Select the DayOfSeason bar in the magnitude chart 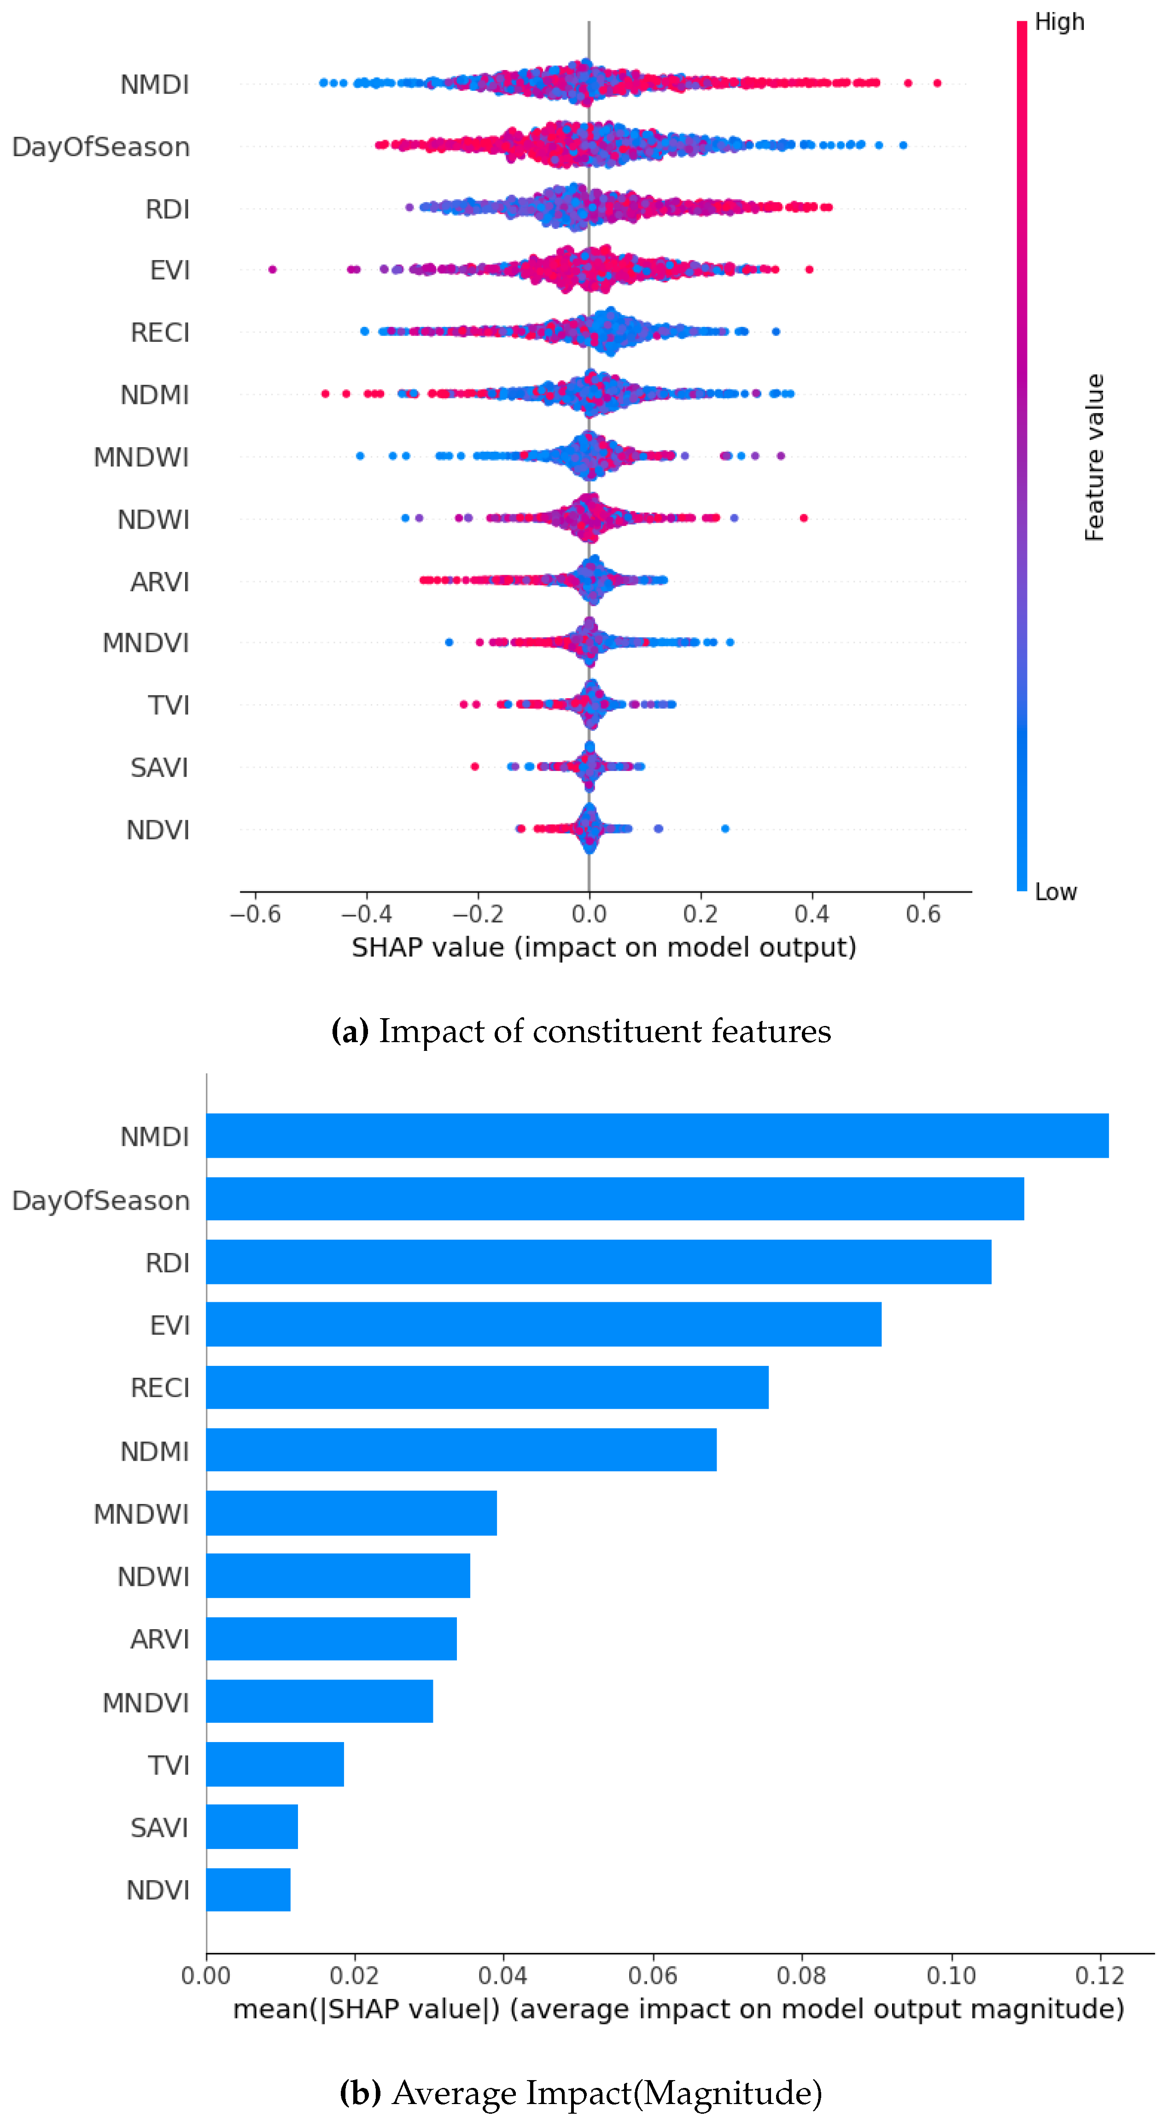tap(614, 1199)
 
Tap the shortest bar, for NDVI tap(248, 1890)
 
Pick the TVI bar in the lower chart tap(275, 1765)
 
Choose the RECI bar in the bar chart tap(487, 1387)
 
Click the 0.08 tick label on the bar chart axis tap(801, 1976)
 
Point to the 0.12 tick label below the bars tap(1100, 1976)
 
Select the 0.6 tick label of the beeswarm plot tap(923, 915)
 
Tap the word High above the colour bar tap(1059, 22)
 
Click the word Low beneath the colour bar tap(1055, 892)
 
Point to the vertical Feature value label tap(1094, 457)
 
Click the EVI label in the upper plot tap(169, 270)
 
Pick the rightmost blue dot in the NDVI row tap(725, 829)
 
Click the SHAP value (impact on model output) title tap(604, 947)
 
